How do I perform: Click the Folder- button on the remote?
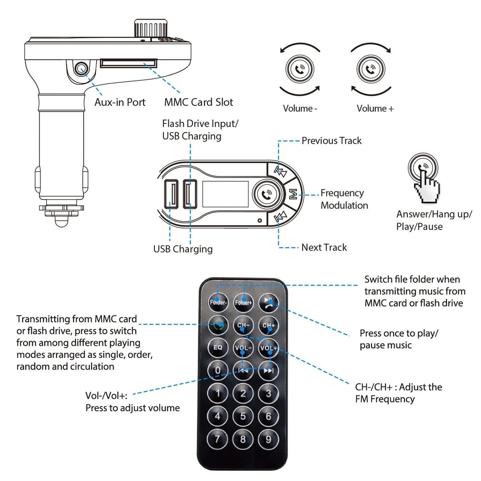pyautogui.click(x=217, y=303)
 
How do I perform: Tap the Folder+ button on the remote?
pyautogui.click(x=243, y=303)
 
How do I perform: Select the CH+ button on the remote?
pyautogui.click(x=268, y=325)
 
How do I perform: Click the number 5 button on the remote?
pyautogui.click(x=243, y=416)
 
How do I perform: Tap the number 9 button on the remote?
pyautogui.click(x=268, y=439)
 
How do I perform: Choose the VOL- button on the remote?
pyautogui.click(x=243, y=347)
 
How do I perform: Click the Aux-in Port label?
pyautogui.click(x=120, y=102)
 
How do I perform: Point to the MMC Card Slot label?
pyautogui.click(x=198, y=102)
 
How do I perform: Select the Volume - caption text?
pyautogui.click(x=300, y=109)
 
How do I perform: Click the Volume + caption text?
pyautogui.click(x=375, y=109)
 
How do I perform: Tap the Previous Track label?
pyautogui.click(x=331, y=141)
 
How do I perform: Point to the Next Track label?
pyautogui.click(x=324, y=247)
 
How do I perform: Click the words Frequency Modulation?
pyautogui.click(x=344, y=199)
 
